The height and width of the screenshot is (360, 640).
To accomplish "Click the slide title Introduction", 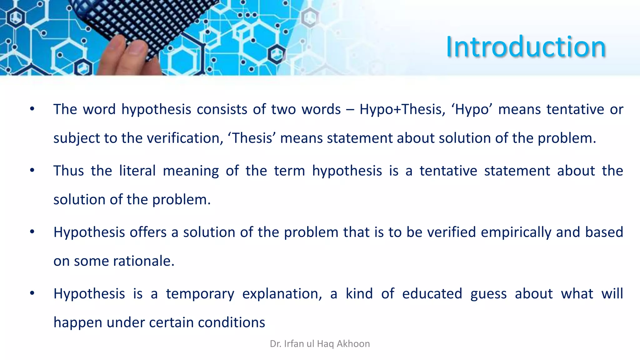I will [x=526, y=47].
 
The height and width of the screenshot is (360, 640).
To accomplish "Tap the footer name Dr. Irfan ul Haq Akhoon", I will [x=320, y=344].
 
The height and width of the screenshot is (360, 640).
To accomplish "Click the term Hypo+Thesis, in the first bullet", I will [x=402, y=109].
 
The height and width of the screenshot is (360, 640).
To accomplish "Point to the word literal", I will [x=137, y=171].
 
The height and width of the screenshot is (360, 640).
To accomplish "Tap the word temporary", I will [x=200, y=294].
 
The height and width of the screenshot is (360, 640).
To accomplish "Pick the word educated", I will [x=432, y=294].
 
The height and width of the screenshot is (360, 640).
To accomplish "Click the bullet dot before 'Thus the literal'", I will [x=32, y=171].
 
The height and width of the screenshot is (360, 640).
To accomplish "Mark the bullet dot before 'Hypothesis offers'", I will [x=32, y=232].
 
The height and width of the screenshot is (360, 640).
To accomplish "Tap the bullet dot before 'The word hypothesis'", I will [x=32, y=109].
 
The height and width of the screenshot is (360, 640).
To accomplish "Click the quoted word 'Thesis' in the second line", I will [x=252, y=138].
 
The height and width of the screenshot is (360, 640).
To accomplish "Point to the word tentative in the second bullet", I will [x=448, y=171].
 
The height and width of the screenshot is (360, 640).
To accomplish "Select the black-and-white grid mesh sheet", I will [x=156, y=22].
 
